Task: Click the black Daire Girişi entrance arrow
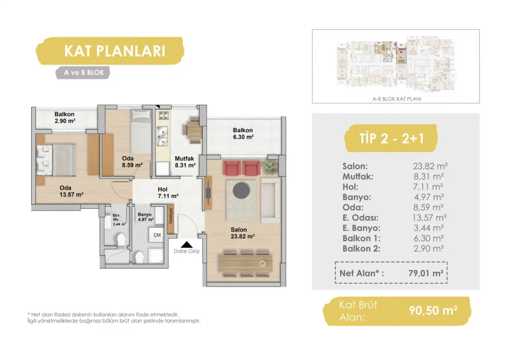point(187,245)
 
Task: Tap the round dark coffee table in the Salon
point(241,190)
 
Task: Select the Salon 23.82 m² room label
point(242,233)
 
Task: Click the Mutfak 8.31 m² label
point(185,162)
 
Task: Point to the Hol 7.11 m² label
point(168,193)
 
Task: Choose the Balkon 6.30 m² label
point(243,134)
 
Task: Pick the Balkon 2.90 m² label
point(64,117)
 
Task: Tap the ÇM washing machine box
point(157,235)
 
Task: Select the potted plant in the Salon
point(269,167)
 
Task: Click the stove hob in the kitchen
point(164,115)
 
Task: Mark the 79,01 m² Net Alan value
point(426,273)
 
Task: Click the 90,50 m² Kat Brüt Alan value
point(433,310)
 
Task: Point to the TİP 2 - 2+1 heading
point(391,138)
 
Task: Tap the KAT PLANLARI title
point(114,51)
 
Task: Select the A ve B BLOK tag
point(84,73)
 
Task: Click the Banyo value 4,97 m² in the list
point(429,197)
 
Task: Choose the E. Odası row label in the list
point(360,218)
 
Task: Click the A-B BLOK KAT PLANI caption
point(397,99)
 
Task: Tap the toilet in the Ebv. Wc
point(121,239)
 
